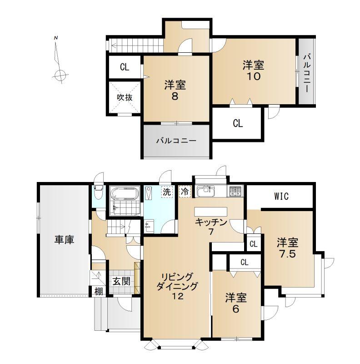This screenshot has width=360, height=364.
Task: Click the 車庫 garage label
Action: coord(64,240)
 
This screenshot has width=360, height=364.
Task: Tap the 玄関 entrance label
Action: coord(121,281)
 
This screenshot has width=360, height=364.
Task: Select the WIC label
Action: coord(281,197)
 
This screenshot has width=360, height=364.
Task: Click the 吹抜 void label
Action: coord(125,97)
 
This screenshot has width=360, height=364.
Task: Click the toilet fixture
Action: coord(99,192)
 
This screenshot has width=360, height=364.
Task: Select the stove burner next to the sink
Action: coord(235,192)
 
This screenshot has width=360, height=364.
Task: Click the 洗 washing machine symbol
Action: coord(167,192)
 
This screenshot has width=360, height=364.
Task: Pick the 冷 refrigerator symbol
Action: coord(185,192)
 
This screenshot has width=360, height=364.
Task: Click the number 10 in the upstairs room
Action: coord(254,76)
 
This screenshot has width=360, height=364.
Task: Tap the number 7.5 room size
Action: coord(287,254)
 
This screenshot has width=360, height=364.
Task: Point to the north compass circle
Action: coord(60,76)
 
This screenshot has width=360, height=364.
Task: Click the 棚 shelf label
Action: coord(99,291)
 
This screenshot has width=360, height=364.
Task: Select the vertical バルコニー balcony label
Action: coord(307,73)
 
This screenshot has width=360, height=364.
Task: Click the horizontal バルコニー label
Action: coord(176,141)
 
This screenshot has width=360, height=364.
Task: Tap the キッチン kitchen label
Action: coord(211,222)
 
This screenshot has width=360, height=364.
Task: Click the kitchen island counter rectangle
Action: coord(210,212)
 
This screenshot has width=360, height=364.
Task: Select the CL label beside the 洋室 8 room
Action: coord(125,67)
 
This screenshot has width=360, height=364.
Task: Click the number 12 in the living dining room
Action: coord(177,296)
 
